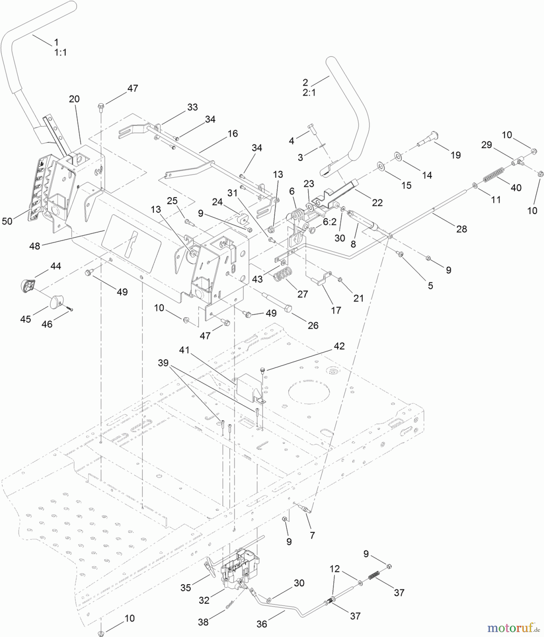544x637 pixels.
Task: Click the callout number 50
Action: pos(7,221)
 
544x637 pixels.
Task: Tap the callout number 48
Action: pos(35,246)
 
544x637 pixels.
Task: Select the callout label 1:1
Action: pos(61,52)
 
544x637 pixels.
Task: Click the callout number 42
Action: pos(339,346)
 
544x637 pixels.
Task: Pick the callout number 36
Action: pos(262,624)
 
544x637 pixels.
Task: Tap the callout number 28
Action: pos(462,229)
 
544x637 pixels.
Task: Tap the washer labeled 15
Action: pos(382,166)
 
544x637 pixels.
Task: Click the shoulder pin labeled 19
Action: pos(428,139)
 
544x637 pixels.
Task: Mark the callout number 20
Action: pos(74,99)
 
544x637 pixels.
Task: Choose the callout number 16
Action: pos(233,133)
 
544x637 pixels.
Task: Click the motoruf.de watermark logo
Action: pos(513,628)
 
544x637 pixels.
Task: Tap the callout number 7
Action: pos(312,535)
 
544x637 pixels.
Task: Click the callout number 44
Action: pos(56,266)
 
